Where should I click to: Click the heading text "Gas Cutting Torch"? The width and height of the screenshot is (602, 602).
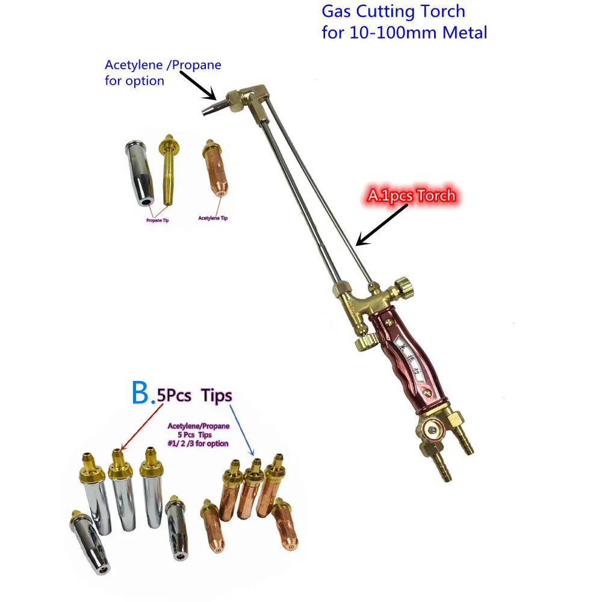pyautogui.click(x=393, y=11)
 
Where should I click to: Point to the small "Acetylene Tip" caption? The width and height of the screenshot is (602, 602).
pyautogui.click(x=213, y=219)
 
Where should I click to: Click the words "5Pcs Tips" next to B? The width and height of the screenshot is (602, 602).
pyautogui.click(x=193, y=396)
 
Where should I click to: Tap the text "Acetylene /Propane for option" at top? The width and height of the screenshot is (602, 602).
pyautogui.click(x=163, y=72)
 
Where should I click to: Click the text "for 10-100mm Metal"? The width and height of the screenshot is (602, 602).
pyautogui.click(x=404, y=32)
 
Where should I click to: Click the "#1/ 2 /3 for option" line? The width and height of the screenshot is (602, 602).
pyautogui.click(x=199, y=443)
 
